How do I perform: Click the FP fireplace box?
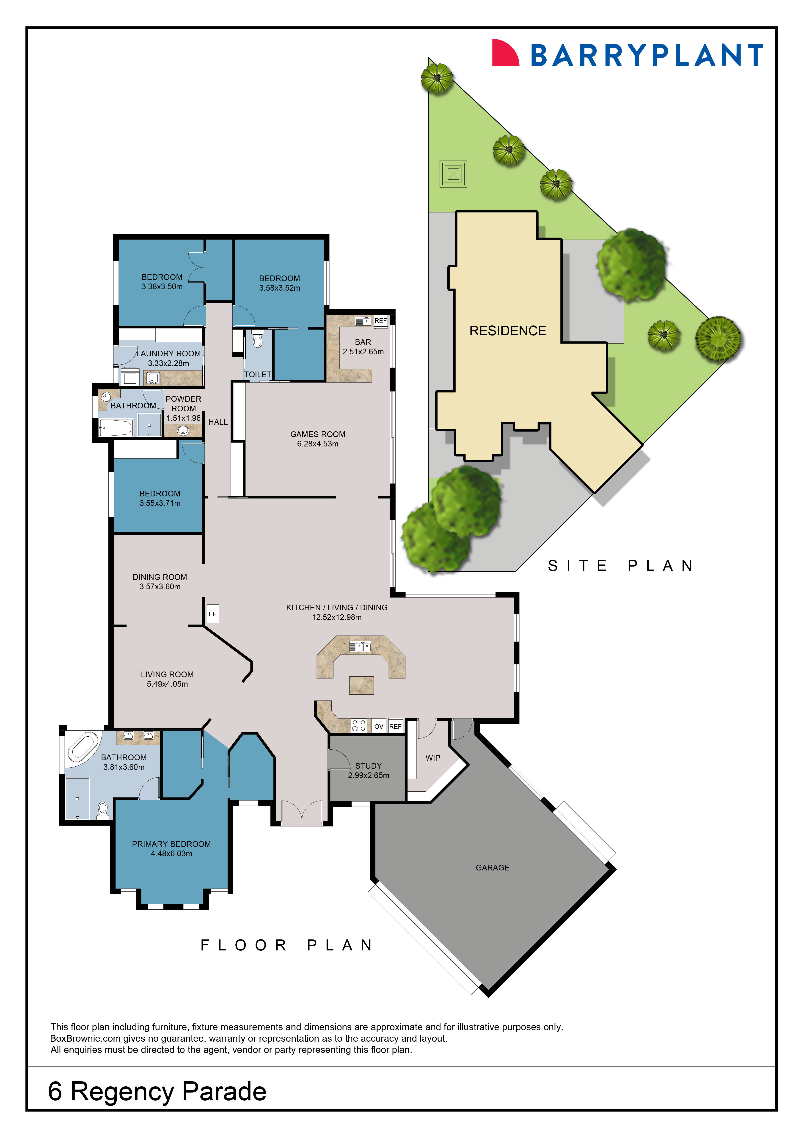coord(212,614)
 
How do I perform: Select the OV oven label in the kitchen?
coord(379,727)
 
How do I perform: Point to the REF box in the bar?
coord(380,321)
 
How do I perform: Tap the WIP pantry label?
coord(433,758)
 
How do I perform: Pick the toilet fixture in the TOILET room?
coord(257,340)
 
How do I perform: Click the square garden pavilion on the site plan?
coord(453,174)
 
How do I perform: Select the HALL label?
coord(218,422)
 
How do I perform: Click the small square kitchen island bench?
coord(361,685)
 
